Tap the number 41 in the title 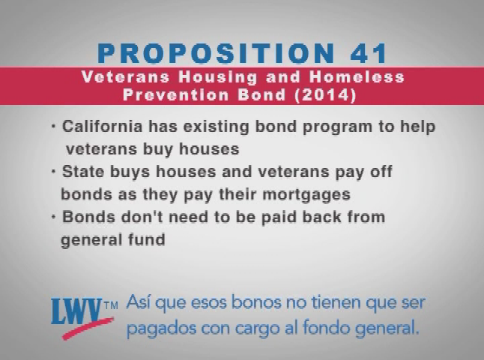(369, 53)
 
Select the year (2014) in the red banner (326, 94)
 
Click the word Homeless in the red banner (357, 77)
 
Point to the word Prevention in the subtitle (176, 94)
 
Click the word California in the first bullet (103, 127)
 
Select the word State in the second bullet (83, 172)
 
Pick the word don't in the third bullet (142, 217)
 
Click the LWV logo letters (77, 311)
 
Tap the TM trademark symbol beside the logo (111, 306)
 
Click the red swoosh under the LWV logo (88, 328)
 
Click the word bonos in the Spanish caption (256, 302)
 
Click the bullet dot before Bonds (54, 217)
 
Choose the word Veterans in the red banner (126, 77)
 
